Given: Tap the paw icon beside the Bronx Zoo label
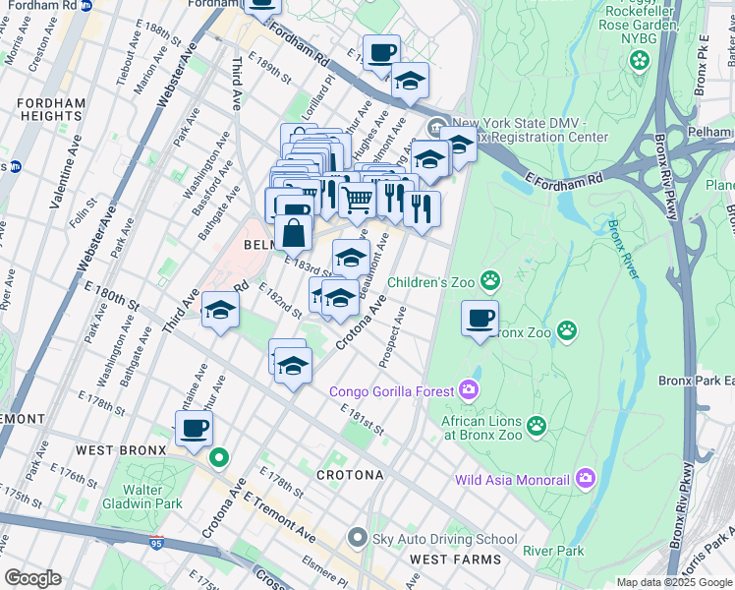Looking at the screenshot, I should point(567,331).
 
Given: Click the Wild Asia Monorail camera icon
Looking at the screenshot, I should point(586,480).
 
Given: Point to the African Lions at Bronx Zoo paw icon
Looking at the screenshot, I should point(536,425).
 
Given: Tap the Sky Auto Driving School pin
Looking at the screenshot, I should point(357,538).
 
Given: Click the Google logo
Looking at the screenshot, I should point(32,578).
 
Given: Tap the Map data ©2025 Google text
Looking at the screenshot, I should point(674,582).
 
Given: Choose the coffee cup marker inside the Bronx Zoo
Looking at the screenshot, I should point(480,319).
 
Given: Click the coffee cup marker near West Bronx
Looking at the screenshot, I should point(194,429).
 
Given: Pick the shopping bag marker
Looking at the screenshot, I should point(294,234).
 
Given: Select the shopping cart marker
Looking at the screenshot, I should point(358,200).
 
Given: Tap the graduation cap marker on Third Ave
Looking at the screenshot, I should point(220,312).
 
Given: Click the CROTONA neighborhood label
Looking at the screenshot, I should point(350,475).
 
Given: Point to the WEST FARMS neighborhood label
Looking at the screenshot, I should point(455,560).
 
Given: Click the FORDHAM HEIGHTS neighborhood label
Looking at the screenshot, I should point(43,109).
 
